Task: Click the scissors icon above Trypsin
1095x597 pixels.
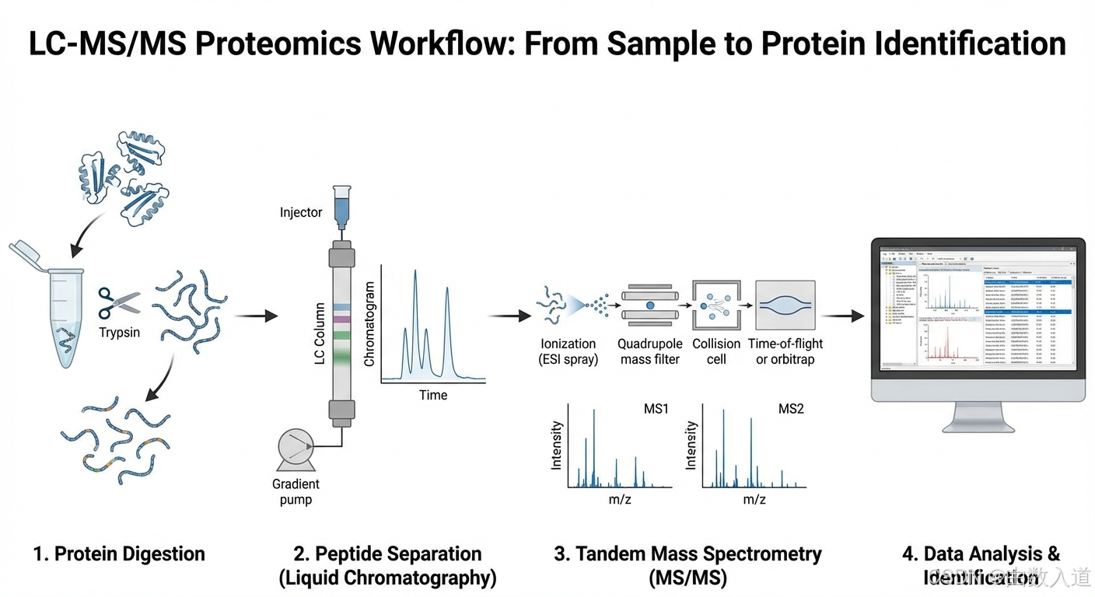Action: [x=118, y=303]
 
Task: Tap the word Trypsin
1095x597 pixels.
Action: [x=119, y=333]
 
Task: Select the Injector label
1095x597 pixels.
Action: [x=301, y=212]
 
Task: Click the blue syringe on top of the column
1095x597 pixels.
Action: [x=341, y=205]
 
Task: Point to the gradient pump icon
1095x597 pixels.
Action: [x=296, y=450]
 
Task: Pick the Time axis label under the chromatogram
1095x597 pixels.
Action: [x=433, y=395]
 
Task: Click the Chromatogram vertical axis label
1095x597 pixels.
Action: [x=369, y=324]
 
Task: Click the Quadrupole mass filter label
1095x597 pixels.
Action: [x=650, y=351]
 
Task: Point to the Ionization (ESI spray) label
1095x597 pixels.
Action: [x=568, y=351]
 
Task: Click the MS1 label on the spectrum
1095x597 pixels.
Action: [x=656, y=409]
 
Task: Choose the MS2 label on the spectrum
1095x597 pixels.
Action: [x=791, y=409]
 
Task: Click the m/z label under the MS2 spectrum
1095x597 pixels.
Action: [x=754, y=500]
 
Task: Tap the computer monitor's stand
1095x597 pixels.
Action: [x=978, y=417]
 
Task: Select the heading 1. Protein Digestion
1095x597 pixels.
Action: [x=119, y=554]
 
